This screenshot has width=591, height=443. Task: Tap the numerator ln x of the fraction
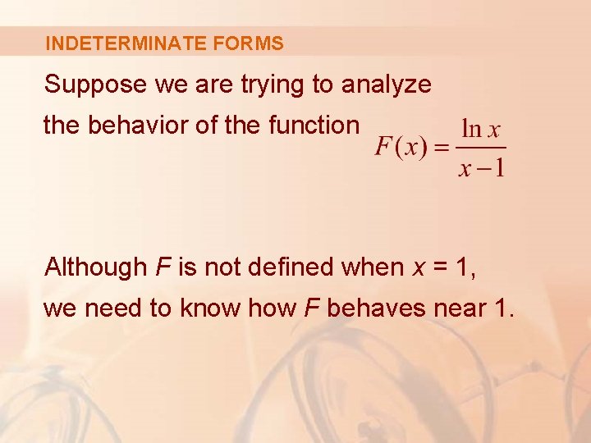(482, 130)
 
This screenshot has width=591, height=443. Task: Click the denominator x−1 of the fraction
(482, 168)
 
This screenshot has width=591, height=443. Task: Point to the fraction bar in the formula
(482, 148)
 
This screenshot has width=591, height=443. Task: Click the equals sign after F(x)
(442, 148)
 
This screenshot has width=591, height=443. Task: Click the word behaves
(373, 308)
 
